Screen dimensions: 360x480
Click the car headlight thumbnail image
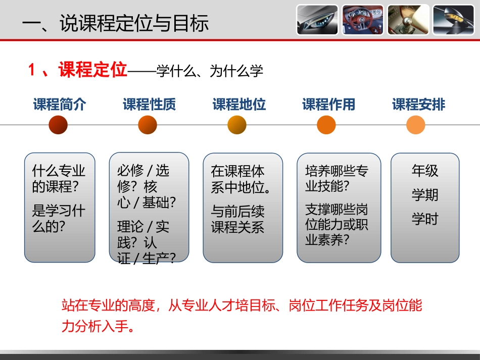tap(317, 20)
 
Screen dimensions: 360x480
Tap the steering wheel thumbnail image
tap(362, 20)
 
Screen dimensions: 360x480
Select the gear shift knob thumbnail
tap(408, 20)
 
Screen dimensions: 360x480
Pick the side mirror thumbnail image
tap(453, 20)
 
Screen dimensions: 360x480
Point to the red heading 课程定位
tap(92, 70)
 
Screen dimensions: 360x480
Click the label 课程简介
tap(60, 105)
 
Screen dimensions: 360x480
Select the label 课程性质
tap(149, 105)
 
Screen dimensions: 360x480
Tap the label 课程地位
tap(239, 105)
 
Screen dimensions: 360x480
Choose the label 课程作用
tap(329, 105)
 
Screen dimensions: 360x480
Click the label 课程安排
tap(419, 105)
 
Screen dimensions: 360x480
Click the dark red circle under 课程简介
tap(58, 125)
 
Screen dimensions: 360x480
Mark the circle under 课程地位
tap(237, 125)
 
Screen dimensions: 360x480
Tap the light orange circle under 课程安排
tap(416, 125)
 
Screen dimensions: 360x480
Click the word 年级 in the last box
tap(425, 171)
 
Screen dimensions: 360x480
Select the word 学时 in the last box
tap(425, 219)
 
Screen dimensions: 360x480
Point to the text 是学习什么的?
tap(59, 218)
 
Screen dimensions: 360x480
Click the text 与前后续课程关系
tap(237, 219)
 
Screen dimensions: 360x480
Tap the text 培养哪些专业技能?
tap(337, 178)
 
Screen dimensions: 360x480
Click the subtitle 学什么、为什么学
tap(210, 71)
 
